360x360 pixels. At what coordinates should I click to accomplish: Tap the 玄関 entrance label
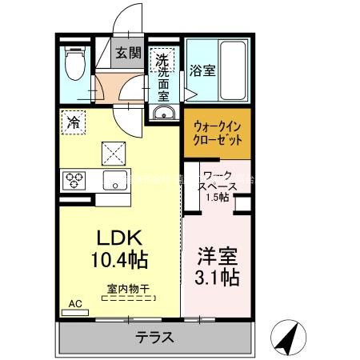coord(127,54)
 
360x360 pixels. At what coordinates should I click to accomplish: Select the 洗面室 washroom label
coord(162,76)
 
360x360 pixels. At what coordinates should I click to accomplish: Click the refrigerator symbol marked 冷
coord(74,122)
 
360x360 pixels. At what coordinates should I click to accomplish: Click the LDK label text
coord(120,238)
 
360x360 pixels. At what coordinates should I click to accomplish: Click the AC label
coord(75,303)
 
